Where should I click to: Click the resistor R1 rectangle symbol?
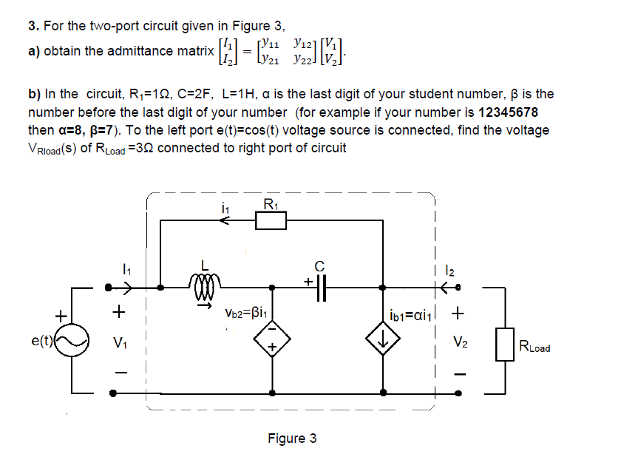point(270,220)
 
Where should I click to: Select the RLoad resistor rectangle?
point(506,344)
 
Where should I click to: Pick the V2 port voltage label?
point(460,342)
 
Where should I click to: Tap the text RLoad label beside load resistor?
point(535,347)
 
